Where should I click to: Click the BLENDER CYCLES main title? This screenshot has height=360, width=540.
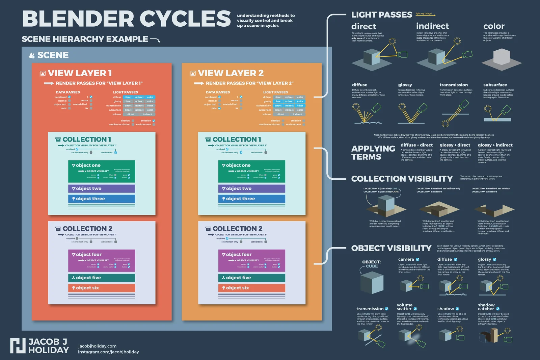click(x=127, y=19)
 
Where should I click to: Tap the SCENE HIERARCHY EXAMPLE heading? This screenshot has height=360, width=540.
click(x=85, y=39)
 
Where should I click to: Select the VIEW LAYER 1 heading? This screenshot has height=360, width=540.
click(x=80, y=73)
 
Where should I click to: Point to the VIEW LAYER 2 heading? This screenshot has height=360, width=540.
click(x=231, y=73)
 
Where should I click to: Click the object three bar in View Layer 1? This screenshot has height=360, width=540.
click(x=102, y=199)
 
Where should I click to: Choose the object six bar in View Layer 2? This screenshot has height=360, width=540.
click(x=251, y=288)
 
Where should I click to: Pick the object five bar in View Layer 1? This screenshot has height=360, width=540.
click(x=102, y=278)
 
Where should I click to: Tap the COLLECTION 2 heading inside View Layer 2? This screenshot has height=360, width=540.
click(x=237, y=229)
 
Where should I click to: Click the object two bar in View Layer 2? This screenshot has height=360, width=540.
click(x=251, y=188)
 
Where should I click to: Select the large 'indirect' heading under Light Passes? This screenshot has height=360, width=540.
click(x=432, y=26)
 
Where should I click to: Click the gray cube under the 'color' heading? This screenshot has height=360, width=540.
click(x=502, y=57)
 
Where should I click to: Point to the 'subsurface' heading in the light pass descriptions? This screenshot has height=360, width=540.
click(x=495, y=85)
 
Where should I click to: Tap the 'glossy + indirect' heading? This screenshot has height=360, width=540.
click(x=495, y=145)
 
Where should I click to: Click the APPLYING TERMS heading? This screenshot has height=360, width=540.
click(x=373, y=153)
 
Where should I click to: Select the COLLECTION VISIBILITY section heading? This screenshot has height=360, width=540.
click(x=402, y=179)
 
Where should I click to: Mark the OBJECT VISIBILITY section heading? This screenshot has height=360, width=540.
click(x=391, y=248)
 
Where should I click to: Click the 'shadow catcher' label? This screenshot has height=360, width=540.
click(x=486, y=307)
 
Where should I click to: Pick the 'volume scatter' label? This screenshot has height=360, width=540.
click(x=404, y=307)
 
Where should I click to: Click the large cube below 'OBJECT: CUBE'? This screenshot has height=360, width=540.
click(x=372, y=283)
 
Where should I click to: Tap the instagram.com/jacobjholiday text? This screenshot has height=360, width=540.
click(x=108, y=352)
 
